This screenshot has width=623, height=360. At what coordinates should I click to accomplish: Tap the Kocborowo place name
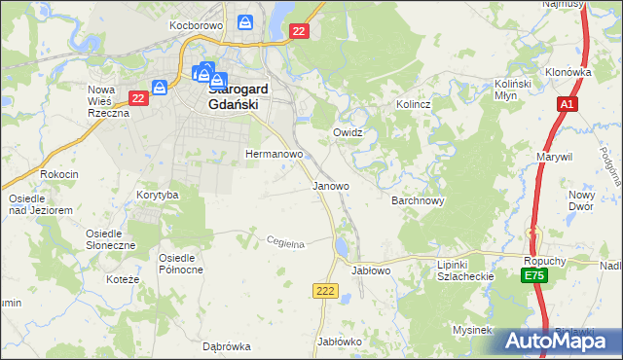[196, 24]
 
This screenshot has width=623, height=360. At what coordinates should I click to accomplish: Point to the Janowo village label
[330, 186]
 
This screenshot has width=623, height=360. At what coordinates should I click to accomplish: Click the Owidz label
[348, 132]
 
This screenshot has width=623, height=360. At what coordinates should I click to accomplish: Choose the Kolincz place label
[413, 103]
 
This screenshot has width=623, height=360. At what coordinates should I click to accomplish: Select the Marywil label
[554, 156]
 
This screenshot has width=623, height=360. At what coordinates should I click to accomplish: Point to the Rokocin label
[57, 174]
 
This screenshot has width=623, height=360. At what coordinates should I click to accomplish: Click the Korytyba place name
[158, 196]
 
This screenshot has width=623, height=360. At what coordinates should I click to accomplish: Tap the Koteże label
[126, 279]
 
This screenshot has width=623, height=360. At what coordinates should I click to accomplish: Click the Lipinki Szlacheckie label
[466, 270]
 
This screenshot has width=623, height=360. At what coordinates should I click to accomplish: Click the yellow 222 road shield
[325, 291]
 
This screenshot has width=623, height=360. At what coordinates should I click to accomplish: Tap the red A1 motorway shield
[568, 104]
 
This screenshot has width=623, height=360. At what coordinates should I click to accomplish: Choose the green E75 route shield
[532, 277]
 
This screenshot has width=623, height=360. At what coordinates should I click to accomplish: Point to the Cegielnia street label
[286, 242]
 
